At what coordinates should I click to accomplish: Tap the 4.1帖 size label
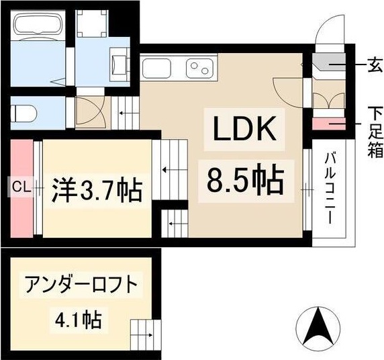click(80, 320)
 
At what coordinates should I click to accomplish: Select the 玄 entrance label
click(374, 66)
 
